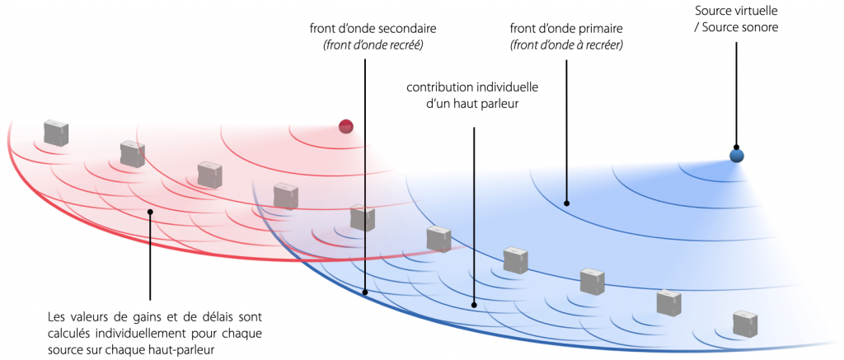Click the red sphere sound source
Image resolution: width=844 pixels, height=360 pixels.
point(345,127)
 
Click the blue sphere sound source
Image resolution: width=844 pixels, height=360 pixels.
point(736,156)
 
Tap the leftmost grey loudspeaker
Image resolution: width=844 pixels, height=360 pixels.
point(57,133)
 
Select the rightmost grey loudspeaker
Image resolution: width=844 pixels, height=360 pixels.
point(745,323)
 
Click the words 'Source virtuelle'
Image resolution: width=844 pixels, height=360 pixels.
point(736,10)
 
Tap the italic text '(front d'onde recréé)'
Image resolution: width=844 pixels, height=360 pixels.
point(372,45)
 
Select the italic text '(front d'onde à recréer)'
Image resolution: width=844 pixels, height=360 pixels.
point(566,45)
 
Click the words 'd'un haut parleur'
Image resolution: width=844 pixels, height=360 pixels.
point(471,104)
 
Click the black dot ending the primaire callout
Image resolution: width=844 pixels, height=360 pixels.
point(566,203)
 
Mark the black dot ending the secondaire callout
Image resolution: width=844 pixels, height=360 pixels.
point(365,293)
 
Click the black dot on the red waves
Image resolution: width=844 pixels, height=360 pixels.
point(150,212)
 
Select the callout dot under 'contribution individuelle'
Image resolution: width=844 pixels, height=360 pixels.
point(474,306)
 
